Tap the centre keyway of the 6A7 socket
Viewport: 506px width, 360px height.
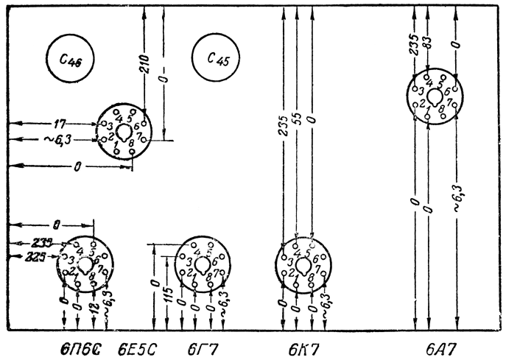pyautogui.click(x=435, y=97)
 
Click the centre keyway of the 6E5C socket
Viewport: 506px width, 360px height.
pyautogui.click(x=123, y=127)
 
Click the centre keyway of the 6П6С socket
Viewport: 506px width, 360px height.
pyautogui.click(x=85, y=263)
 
